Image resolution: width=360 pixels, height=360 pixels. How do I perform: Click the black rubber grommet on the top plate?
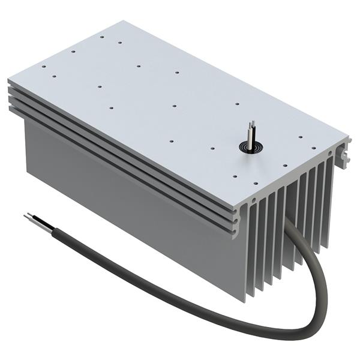(x=248, y=145)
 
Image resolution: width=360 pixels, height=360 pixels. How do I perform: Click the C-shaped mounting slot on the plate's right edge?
(x=345, y=157)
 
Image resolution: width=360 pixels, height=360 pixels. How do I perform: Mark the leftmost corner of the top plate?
(x=8, y=79)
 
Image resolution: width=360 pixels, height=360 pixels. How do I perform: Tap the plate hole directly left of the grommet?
(x=213, y=147)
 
